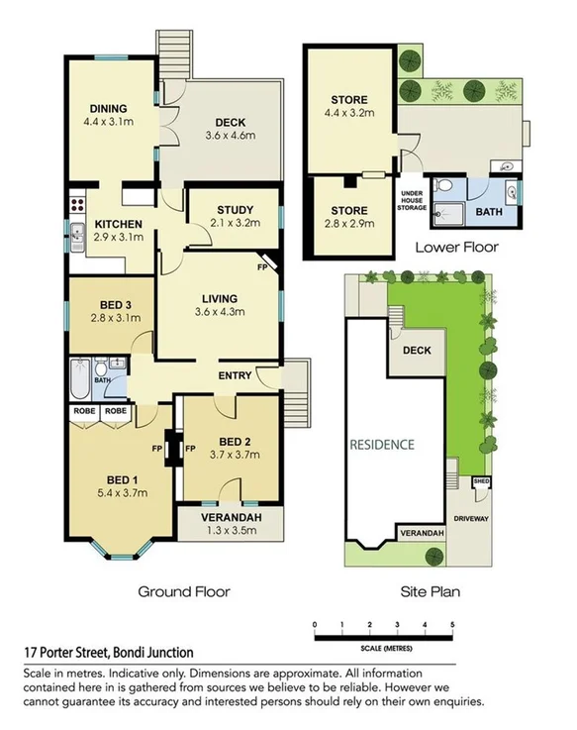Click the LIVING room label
pos(219,297)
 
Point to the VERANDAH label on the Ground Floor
pos(230,516)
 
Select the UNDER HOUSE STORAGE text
pos(413,200)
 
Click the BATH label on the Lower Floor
pos(489,212)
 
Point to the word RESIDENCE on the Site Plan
pos(381,445)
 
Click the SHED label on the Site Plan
pos(482,481)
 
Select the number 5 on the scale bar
pos(452,625)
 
